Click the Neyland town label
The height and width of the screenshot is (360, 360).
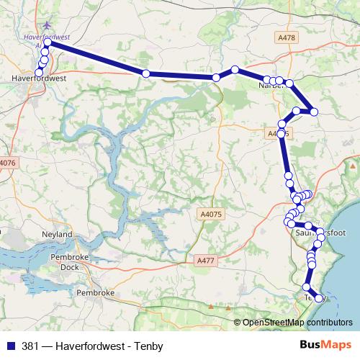[58, 235]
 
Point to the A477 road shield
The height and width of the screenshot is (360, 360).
[206, 262]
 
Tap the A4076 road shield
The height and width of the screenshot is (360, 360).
[7, 163]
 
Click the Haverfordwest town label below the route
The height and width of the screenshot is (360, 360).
[40, 77]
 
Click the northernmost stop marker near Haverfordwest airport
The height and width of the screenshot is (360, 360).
[48, 43]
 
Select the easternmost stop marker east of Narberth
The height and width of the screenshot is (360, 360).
[314, 111]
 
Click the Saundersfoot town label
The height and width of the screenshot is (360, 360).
[320, 233]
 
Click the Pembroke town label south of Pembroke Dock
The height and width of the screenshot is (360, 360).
[96, 294]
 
